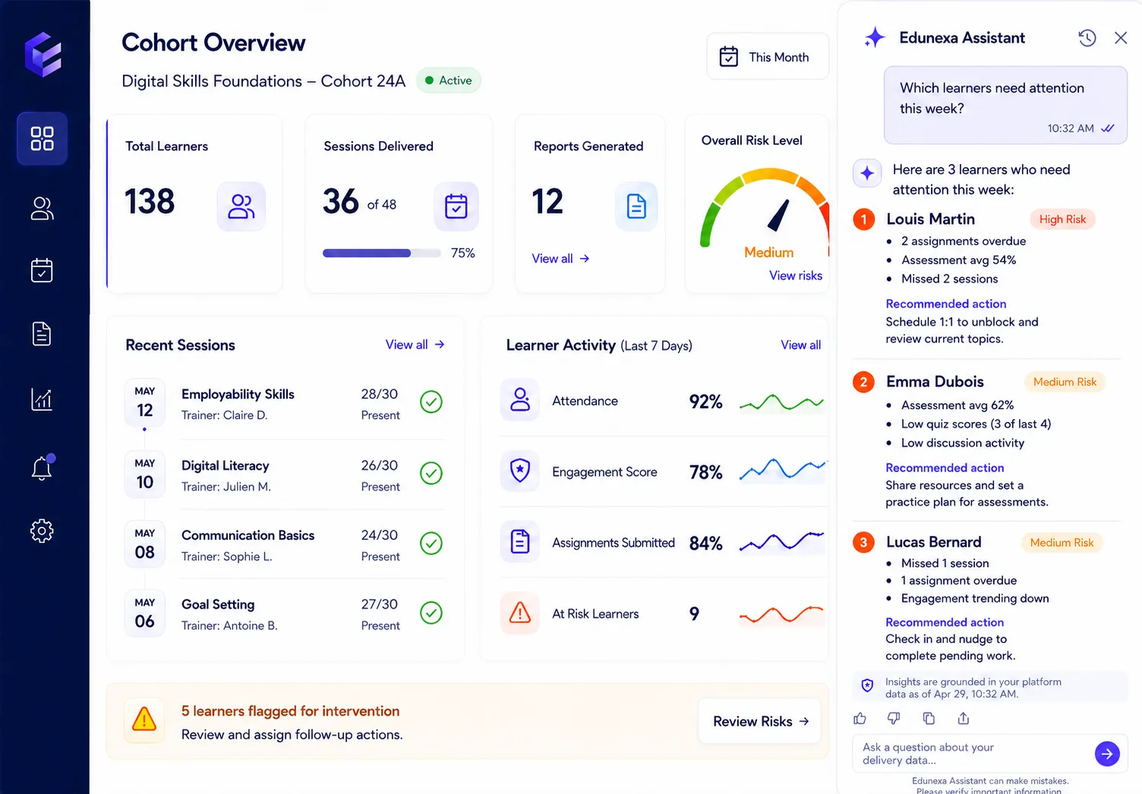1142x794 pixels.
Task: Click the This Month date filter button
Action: pyautogui.click(x=767, y=57)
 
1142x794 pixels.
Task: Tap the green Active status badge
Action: pyautogui.click(x=449, y=80)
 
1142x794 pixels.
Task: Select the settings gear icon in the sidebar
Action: pyautogui.click(x=42, y=531)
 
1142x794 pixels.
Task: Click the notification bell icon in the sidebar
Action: pyautogui.click(x=42, y=467)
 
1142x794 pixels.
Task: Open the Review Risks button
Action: pyautogui.click(x=759, y=721)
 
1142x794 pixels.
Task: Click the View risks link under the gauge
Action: pyautogui.click(x=795, y=276)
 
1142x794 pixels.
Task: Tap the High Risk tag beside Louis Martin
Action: pyautogui.click(x=1062, y=219)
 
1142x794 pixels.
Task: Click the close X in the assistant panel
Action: pyautogui.click(x=1121, y=38)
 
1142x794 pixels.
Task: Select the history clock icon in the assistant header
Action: pyautogui.click(x=1087, y=38)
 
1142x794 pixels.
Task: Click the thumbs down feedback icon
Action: pyautogui.click(x=894, y=718)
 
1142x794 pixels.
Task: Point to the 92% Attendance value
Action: pyautogui.click(x=705, y=402)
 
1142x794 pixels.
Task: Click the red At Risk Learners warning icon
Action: pyautogui.click(x=519, y=613)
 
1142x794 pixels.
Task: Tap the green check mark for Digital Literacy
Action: pyautogui.click(x=431, y=473)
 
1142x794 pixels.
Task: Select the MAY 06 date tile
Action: pyautogui.click(x=145, y=613)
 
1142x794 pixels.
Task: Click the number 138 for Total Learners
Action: pyautogui.click(x=150, y=201)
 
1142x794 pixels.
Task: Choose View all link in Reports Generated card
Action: pyautogui.click(x=560, y=259)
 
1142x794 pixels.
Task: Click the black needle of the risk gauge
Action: pyautogui.click(x=778, y=216)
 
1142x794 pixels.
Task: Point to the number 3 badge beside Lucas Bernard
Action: pyautogui.click(x=863, y=542)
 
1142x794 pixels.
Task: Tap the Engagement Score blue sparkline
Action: pyautogui.click(x=783, y=469)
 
